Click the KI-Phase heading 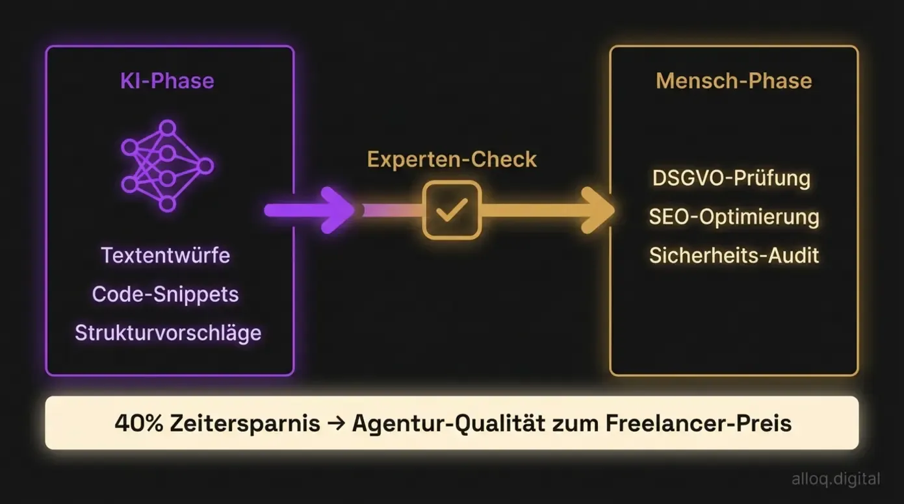pyautogui.click(x=167, y=81)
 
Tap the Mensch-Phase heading pyautogui.click(x=734, y=81)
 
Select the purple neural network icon pyautogui.click(x=167, y=166)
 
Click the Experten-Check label pyautogui.click(x=452, y=159)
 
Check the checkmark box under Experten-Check pyautogui.click(x=452, y=210)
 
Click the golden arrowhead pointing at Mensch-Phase pyautogui.click(x=597, y=210)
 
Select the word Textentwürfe pyautogui.click(x=166, y=255)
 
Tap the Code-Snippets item pyautogui.click(x=166, y=294)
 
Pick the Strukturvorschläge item pyautogui.click(x=168, y=333)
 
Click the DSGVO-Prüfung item pyautogui.click(x=731, y=178)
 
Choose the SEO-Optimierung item pyautogui.click(x=734, y=217)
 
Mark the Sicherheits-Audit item pyautogui.click(x=734, y=255)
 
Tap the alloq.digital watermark pyautogui.click(x=836, y=479)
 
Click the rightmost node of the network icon pyautogui.click(x=205, y=166)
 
